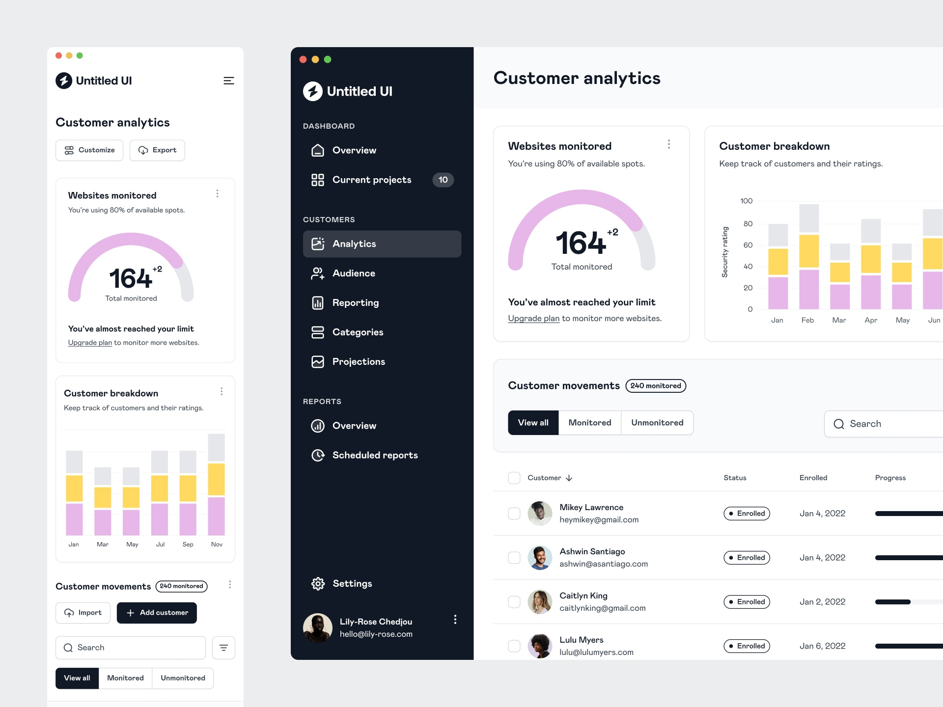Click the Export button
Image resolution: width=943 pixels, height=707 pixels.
(157, 150)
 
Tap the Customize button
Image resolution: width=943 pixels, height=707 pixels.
(89, 150)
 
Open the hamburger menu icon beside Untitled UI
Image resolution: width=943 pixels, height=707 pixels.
(228, 81)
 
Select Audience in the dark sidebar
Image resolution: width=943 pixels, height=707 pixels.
(354, 273)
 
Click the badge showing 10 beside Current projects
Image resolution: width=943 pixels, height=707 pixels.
(443, 180)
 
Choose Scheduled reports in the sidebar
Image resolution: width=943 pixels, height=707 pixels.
(375, 455)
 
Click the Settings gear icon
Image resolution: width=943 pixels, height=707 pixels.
(318, 583)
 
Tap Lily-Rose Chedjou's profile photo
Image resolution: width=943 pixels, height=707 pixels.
(318, 627)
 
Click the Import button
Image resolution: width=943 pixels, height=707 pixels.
(83, 613)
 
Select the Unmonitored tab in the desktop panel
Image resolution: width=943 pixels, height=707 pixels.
(657, 423)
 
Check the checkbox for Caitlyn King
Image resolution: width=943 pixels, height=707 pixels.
(514, 602)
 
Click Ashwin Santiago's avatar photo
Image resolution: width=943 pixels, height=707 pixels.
(540, 558)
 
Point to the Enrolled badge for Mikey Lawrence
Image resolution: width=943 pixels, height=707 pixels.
(747, 514)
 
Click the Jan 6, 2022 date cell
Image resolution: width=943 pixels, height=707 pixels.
(822, 646)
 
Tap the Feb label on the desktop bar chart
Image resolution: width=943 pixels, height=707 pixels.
(807, 320)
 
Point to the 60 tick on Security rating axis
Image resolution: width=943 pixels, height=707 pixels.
(748, 245)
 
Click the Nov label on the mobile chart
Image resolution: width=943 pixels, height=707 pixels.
(217, 544)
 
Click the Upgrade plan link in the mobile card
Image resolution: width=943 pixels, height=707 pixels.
(90, 343)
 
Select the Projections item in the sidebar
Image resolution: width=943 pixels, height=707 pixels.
(359, 362)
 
